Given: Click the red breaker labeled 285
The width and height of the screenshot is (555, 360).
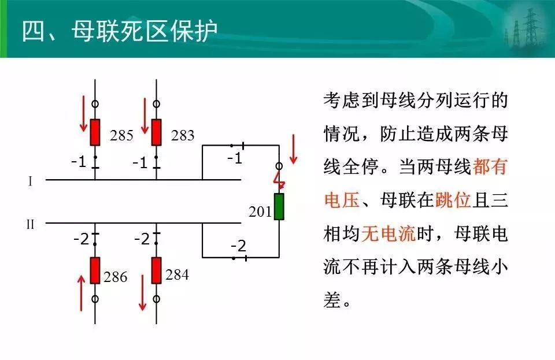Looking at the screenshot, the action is [95, 132].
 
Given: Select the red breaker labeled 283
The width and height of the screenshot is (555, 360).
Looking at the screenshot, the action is [157, 132].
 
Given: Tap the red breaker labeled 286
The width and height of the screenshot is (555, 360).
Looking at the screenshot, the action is [95, 270].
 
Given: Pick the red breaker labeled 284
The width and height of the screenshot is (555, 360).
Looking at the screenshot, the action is [157, 270].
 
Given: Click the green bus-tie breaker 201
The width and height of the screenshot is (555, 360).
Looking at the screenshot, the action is [279, 206].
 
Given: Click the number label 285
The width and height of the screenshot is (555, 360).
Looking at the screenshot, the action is [121, 135].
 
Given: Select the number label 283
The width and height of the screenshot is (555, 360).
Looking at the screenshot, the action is [183, 135].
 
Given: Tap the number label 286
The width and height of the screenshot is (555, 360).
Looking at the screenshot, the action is [116, 277].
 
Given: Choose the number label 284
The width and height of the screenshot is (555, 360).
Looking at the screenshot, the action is [177, 275].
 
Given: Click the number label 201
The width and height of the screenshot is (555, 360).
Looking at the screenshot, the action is [260, 212].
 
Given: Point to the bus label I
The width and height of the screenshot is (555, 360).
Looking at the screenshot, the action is [31, 181].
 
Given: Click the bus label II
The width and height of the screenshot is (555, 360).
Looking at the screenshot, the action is [31, 224].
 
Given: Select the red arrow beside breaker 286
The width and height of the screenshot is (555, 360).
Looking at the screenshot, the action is [82, 293].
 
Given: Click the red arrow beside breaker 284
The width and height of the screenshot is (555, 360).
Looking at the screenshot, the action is [143, 293].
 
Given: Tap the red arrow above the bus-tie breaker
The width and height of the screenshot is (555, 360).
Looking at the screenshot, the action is [293, 149].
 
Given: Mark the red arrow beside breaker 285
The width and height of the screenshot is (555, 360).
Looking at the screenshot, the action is [83, 113].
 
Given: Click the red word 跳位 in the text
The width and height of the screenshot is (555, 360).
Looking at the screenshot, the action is [453, 200].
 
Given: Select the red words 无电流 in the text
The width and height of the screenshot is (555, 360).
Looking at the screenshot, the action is [388, 234].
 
